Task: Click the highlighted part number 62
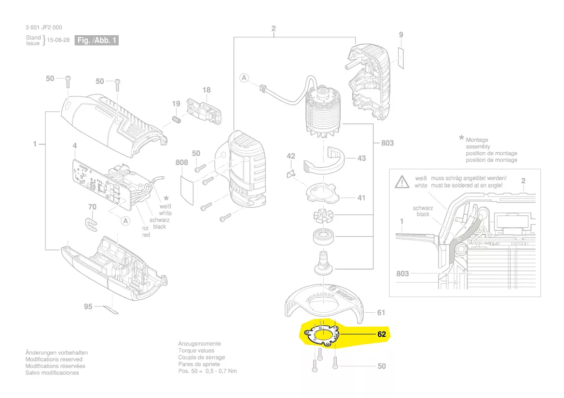(x=381, y=334)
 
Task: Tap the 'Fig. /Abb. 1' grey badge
(x=97, y=40)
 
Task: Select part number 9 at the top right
(x=400, y=35)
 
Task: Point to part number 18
(x=206, y=90)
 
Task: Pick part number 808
(x=181, y=163)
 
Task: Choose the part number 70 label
(x=92, y=207)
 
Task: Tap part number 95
(x=88, y=306)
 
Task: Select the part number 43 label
(x=361, y=158)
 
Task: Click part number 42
(x=291, y=156)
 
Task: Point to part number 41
(x=361, y=198)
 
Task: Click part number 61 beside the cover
(x=381, y=313)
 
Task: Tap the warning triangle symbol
(x=401, y=182)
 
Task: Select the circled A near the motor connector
(x=244, y=78)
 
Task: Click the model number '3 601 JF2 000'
(x=44, y=27)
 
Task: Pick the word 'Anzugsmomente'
(x=200, y=344)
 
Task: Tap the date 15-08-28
(x=58, y=40)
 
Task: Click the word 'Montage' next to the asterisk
(x=477, y=140)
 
